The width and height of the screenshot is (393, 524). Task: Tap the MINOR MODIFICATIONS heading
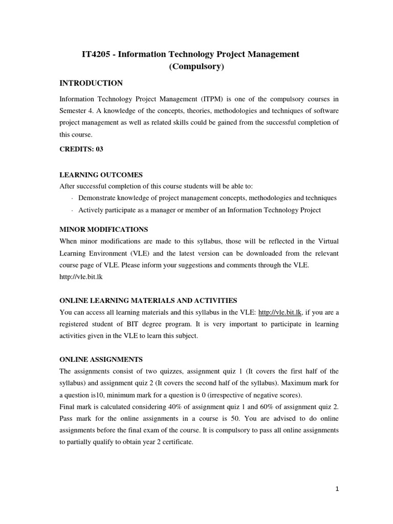(104, 229)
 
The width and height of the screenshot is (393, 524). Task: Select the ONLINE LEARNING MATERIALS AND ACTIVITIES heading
(148, 300)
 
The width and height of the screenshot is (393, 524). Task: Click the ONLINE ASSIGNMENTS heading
(101, 359)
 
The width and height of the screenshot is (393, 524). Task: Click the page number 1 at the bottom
(337, 489)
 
